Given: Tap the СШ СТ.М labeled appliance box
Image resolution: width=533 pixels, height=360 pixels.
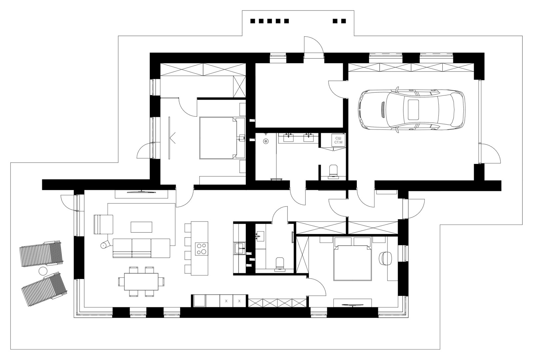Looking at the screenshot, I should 338,140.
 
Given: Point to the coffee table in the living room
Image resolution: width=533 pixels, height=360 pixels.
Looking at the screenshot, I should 141,227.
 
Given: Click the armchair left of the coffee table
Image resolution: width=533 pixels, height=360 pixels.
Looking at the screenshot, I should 104,224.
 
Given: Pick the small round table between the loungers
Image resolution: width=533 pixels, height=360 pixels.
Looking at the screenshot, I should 43,271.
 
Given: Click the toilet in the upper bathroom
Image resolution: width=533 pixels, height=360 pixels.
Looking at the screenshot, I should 333,171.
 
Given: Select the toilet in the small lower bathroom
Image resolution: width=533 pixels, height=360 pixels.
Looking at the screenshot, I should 280,263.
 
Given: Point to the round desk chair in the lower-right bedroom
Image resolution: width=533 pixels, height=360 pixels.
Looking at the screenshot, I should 385,258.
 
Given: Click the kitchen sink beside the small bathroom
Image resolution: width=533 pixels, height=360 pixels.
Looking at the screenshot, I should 240,248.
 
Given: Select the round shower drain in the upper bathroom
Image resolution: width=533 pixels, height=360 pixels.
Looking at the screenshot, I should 266,141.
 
